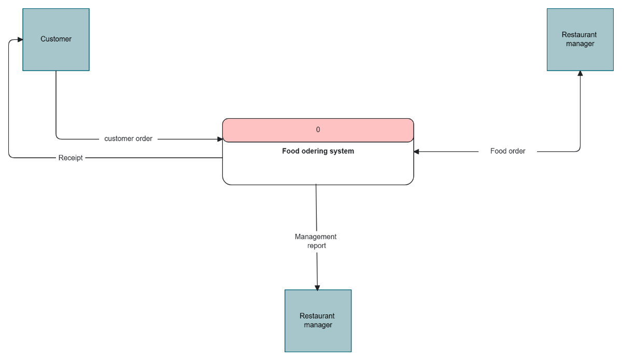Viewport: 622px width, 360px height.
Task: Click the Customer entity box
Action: click(56, 39)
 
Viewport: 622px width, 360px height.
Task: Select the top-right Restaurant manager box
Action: click(580, 39)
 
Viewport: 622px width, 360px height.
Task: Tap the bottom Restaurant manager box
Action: click(318, 321)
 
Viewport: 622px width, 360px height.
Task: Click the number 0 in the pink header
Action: click(318, 130)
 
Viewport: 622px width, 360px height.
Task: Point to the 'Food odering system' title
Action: click(318, 151)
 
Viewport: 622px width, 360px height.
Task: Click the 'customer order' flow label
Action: click(129, 139)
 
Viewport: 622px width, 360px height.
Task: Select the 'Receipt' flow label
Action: click(70, 158)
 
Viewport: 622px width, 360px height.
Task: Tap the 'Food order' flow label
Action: click(507, 151)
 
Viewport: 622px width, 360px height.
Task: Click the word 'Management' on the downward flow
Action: click(316, 237)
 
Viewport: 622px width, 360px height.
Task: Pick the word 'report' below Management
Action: click(317, 246)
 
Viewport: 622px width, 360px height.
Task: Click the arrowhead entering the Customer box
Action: click(20, 39)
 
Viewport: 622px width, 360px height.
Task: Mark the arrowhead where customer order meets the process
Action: click(220, 139)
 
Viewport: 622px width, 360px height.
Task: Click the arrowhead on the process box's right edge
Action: click(417, 151)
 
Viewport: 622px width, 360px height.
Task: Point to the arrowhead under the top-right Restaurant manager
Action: click(580, 74)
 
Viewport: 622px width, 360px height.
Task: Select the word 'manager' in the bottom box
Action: click(318, 325)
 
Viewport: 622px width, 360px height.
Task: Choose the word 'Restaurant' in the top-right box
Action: click(579, 35)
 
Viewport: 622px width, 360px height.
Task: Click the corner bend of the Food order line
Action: click(579, 150)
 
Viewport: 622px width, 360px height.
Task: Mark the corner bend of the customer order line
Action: click(57, 138)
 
